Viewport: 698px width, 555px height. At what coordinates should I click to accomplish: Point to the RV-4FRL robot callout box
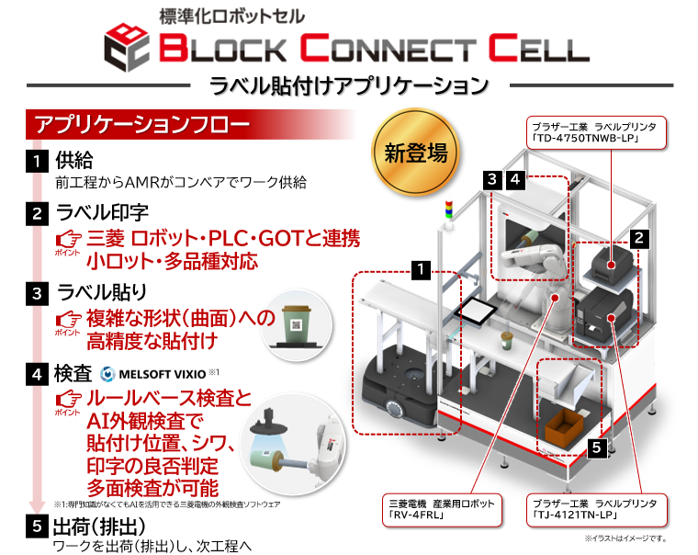pos(445,508)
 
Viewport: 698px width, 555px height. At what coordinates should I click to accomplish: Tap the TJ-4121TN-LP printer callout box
pos(594,508)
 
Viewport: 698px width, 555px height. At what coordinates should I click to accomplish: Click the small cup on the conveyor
pos(504,342)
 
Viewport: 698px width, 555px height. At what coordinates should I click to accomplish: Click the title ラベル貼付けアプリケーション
pos(349,86)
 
